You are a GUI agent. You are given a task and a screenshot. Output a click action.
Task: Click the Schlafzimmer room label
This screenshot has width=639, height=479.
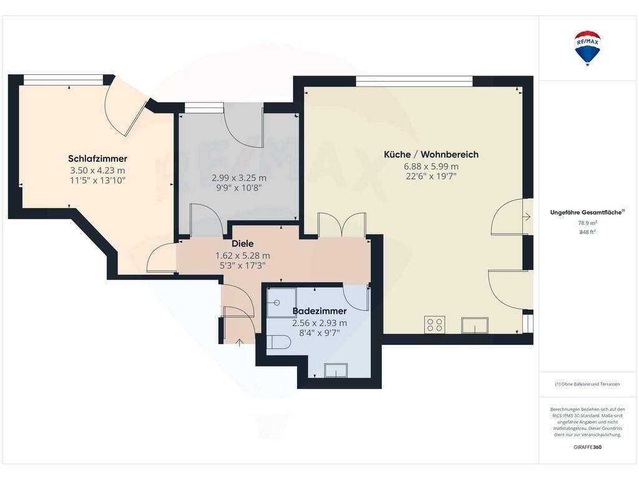pyautogui.click(x=97, y=159)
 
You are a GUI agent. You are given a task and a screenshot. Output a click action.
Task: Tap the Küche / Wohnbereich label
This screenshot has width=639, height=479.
pyautogui.click(x=431, y=155)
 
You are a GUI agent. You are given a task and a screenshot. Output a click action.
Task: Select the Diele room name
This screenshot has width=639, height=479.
pyautogui.click(x=243, y=244)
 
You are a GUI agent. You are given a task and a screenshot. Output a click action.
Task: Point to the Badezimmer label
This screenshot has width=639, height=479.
pyautogui.click(x=319, y=311)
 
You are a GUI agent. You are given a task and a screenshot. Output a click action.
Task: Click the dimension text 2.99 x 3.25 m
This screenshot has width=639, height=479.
pyautogui.click(x=239, y=178)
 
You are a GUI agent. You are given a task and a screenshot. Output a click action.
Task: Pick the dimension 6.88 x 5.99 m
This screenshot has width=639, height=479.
pyautogui.click(x=431, y=167)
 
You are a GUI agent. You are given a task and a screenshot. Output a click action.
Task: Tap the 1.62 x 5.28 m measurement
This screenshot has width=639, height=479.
pyautogui.click(x=243, y=256)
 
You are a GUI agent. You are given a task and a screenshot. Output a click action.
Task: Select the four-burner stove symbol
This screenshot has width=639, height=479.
pyautogui.click(x=434, y=324)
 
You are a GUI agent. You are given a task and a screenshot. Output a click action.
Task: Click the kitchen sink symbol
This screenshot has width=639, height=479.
pyautogui.click(x=475, y=326)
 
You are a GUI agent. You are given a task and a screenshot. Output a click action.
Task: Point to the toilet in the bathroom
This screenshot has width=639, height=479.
pyautogui.click(x=279, y=342)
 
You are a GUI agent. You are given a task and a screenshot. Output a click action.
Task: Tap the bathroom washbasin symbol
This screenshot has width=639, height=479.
pyautogui.click(x=336, y=370)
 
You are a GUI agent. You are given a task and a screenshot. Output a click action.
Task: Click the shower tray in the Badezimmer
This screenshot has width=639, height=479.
pyautogui.click(x=281, y=302)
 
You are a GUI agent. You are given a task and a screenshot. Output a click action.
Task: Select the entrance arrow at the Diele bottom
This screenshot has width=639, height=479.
pyautogui.click(x=240, y=342)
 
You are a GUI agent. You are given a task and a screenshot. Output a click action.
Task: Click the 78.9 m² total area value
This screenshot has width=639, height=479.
pyautogui.click(x=587, y=223)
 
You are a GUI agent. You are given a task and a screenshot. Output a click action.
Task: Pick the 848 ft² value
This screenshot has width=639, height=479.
pyautogui.click(x=587, y=232)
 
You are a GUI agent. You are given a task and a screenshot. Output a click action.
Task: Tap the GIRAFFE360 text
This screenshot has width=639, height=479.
pyautogui.click(x=587, y=447)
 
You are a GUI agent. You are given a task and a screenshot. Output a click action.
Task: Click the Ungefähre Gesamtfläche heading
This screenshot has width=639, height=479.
pyautogui.click(x=587, y=212)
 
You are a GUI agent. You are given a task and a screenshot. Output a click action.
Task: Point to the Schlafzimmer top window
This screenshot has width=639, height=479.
pyautogui.click(x=63, y=79)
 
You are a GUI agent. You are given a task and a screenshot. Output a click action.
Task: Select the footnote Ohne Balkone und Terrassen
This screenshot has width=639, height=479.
pyautogui.click(x=587, y=384)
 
